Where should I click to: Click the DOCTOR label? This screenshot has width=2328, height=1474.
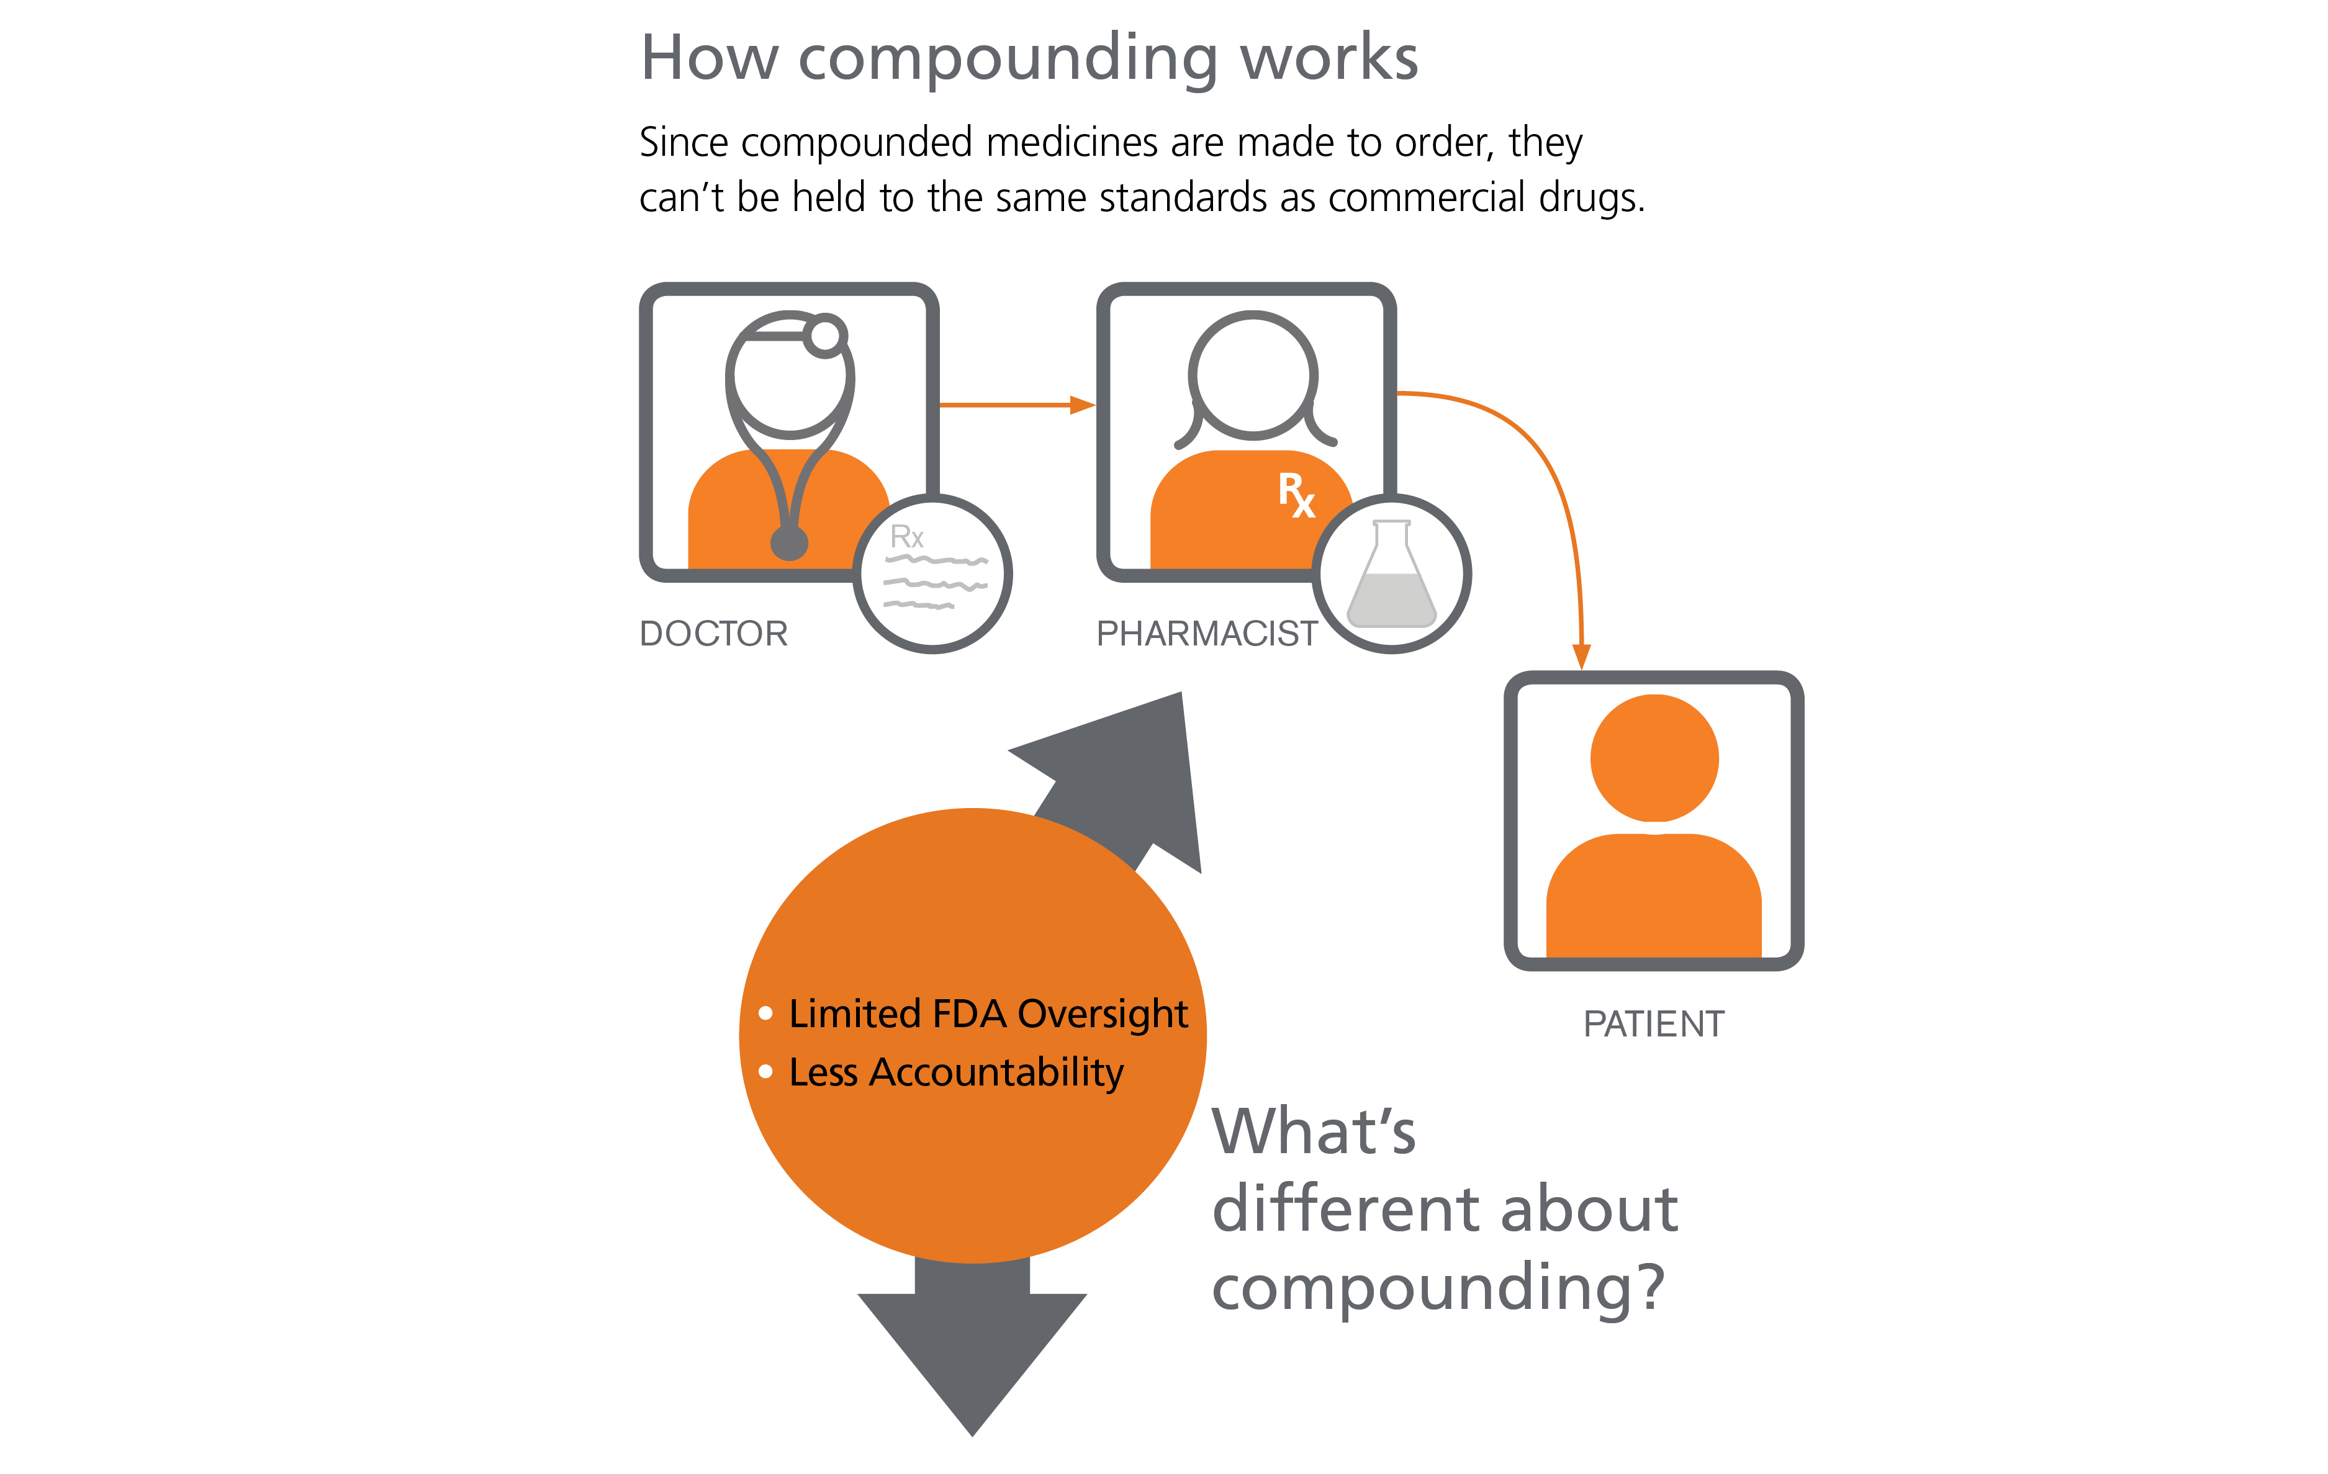click(713, 634)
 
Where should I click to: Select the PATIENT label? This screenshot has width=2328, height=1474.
click(1653, 1025)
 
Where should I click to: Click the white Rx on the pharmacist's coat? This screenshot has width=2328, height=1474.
click(1296, 495)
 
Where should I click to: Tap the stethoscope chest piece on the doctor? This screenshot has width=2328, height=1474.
click(789, 543)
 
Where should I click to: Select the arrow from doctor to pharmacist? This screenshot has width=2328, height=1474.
click(1015, 405)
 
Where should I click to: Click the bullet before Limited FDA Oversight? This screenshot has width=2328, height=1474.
click(765, 1013)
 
